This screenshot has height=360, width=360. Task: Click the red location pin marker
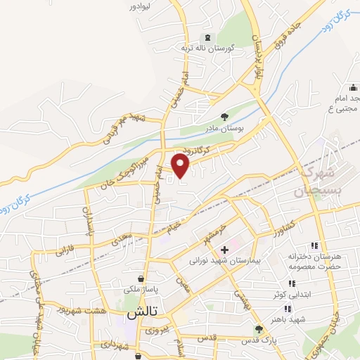pos(181,166)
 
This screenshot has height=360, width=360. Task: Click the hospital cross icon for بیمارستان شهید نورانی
pos(224,250)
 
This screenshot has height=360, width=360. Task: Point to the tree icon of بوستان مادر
pos(224,117)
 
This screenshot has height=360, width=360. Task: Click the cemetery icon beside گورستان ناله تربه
pos(207,37)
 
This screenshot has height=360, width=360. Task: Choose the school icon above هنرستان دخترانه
pos(314,245)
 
